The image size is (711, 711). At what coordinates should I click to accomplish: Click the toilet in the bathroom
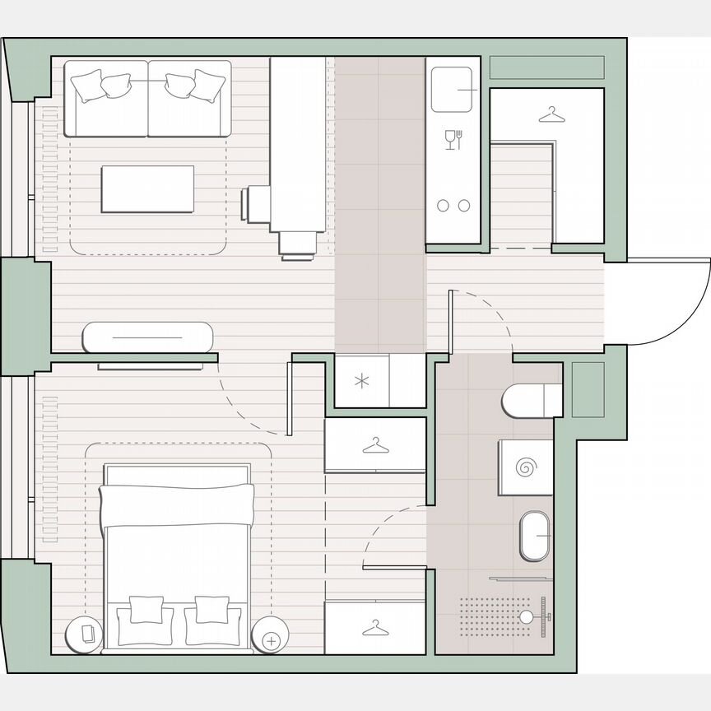(x=532, y=401)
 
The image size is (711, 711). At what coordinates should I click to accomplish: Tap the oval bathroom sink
(x=536, y=537)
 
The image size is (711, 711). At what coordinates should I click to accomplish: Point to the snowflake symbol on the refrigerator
(x=361, y=380)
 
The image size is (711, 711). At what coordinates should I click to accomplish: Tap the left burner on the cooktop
(x=443, y=206)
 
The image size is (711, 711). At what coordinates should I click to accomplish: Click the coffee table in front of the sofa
(x=147, y=189)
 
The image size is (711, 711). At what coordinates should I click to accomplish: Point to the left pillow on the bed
(x=145, y=609)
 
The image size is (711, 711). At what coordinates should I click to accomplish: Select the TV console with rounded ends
(x=148, y=337)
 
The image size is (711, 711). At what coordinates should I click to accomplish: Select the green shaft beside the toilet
(x=588, y=388)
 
